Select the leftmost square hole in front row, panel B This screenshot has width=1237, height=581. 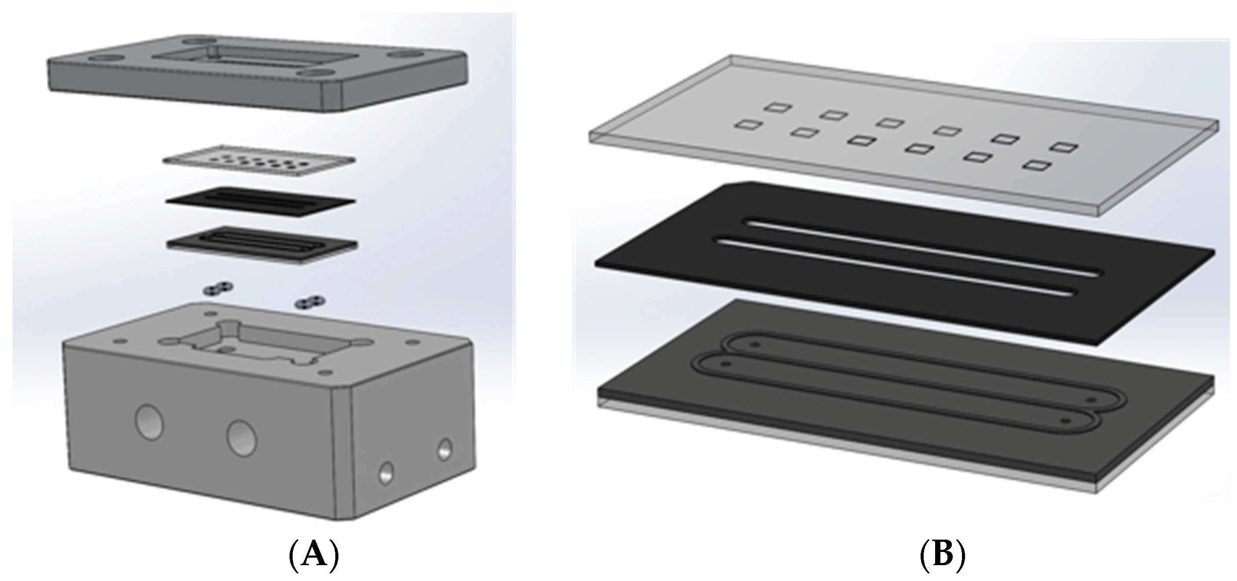coord(748,125)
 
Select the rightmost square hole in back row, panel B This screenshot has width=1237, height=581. coord(1065,147)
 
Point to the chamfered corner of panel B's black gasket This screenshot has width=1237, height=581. coord(739,185)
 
